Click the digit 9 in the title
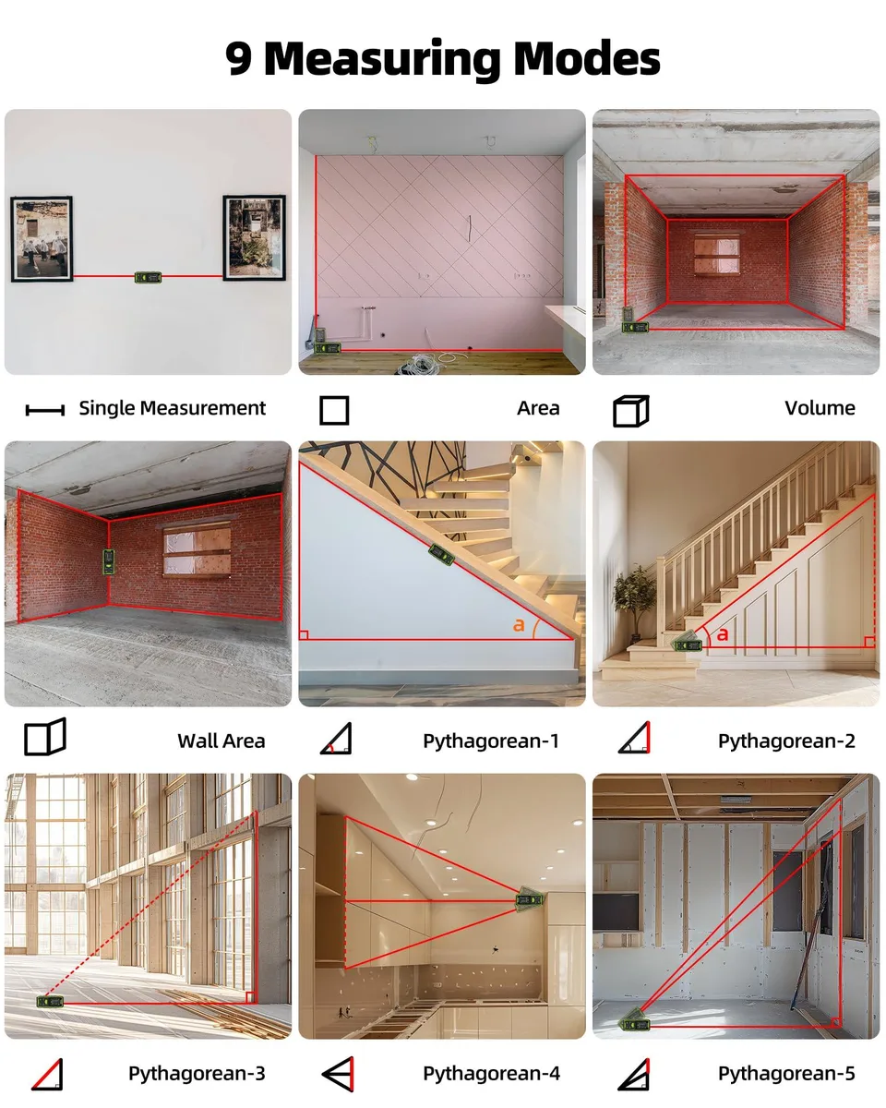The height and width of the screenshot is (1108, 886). click(x=239, y=57)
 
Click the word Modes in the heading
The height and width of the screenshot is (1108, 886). click(x=587, y=57)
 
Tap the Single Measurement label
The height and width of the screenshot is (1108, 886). click(x=172, y=408)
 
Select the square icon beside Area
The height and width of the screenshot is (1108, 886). click(x=334, y=410)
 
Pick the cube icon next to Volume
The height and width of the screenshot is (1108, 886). click(x=630, y=411)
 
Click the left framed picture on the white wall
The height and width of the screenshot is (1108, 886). click(x=42, y=239)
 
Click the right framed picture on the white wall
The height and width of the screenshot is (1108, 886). click(x=255, y=237)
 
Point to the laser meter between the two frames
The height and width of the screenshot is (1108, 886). click(x=148, y=278)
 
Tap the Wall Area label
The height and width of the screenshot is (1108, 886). click(x=221, y=741)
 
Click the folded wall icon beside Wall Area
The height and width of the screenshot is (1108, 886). click(x=45, y=737)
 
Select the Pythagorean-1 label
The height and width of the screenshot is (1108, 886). click(x=491, y=741)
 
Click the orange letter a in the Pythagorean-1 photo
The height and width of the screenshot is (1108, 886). click(x=519, y=624)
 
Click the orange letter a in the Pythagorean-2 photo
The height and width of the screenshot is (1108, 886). click(x=723, y=633)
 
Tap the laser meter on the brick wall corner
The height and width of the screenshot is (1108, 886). click(x=109, y=562)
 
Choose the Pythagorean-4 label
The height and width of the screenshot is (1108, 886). click(x=491, y=1074)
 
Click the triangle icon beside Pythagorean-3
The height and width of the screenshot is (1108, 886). click(x=47, y=1075)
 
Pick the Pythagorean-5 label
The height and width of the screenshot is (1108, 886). click(x=786, y=1074)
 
